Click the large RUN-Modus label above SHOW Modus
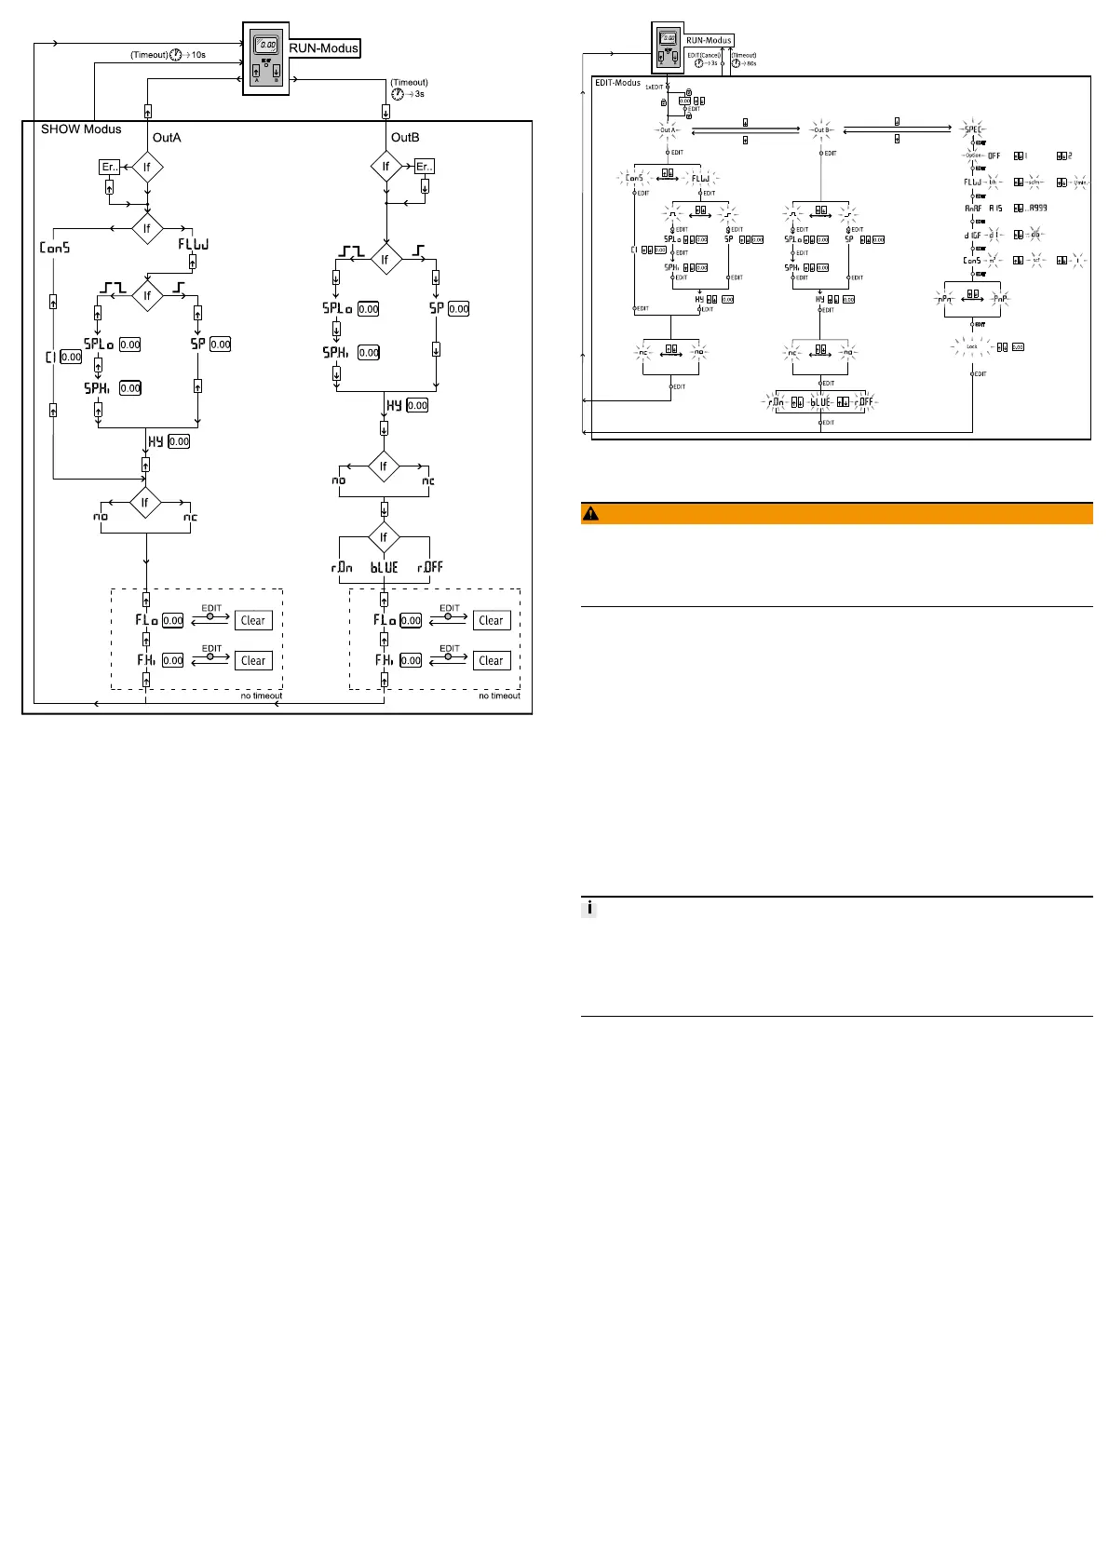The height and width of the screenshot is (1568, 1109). (x=323, y=48)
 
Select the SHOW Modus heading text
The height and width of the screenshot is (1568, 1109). (x=81, y=129)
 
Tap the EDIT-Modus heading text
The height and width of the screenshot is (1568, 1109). (x=617, y=83)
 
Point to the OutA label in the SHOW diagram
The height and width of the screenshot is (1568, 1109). (x=167, y=138)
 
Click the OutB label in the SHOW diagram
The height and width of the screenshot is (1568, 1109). (x=405, y=138)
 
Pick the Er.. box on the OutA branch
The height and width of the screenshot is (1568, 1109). (x=109, y=167)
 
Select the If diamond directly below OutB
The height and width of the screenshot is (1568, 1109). (x=385, y=167)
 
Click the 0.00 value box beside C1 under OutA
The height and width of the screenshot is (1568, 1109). (x=71, y=357)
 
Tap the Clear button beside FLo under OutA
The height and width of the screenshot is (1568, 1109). (x=253, y=620)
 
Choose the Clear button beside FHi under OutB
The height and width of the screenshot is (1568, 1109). (x=491, y=660)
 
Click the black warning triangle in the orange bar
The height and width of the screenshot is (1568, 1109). (x=591, y=514)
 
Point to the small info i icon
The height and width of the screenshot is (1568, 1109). (x=589, y=909)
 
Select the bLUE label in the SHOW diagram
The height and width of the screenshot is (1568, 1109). (x=384, y=567)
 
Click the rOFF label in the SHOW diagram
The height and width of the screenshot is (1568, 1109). (x=430, y=567)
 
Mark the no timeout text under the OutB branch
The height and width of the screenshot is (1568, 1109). (x=499, y=696)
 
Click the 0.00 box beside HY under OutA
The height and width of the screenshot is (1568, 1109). (x=179, y=441)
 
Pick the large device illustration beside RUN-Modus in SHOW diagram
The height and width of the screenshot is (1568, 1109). (x=265, y=58)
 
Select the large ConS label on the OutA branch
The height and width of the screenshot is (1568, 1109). (x=55, y=248)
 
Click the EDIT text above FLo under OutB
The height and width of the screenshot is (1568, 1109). (x=450, y=608)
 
